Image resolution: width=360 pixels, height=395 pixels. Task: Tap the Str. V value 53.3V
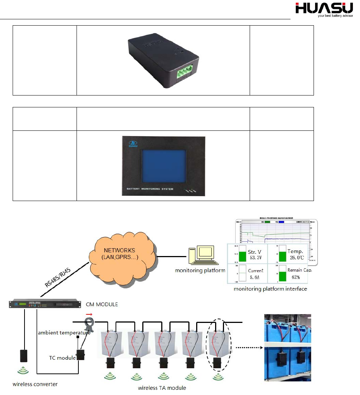pyautogui.click(x=256, y=257)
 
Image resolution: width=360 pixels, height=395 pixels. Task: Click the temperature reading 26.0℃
pyautogui.click(x=297, y=257)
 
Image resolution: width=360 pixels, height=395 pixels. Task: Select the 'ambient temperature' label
pyautogui.click(x=64, y=333)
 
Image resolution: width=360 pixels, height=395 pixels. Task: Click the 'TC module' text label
pyautogui.click(x=62, y=358)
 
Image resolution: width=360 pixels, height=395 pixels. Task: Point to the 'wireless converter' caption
pyautogui.click(x=35, y=384)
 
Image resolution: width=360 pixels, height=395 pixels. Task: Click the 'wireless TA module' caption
pyautogui.click(x=162, y=388)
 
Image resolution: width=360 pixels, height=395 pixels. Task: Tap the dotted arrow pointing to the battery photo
pyautogui.click(x=247, y=347)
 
